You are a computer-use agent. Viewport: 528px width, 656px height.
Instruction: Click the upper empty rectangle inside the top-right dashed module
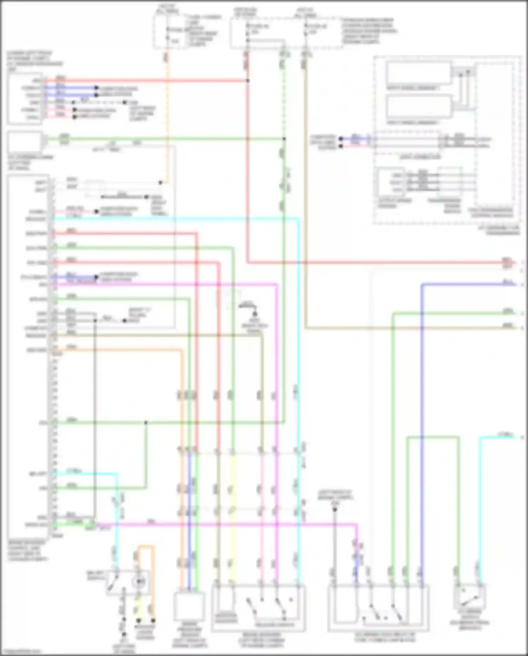coord(419,73)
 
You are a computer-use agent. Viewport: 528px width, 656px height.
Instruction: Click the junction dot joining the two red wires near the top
coord(248,81)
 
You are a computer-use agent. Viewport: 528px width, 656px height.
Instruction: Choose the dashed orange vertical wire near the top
coord(167,106)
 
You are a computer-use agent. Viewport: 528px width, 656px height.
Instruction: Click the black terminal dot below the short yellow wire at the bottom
coord(138,620)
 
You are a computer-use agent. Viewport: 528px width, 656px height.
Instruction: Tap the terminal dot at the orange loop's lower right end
coord(153,620)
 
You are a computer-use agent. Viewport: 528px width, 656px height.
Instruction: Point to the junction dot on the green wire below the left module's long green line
coord(146,422)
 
